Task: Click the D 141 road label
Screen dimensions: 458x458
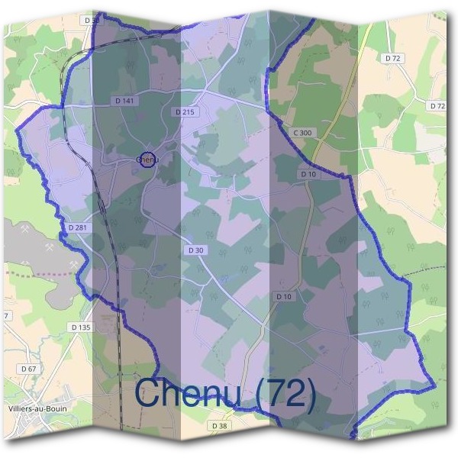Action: pos(123,100)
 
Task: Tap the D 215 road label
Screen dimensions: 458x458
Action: pos(185,111)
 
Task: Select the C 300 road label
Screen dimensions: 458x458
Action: pos(302,133)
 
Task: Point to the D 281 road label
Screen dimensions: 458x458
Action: pos(77,227)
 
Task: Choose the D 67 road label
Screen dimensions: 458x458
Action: pos(29,368)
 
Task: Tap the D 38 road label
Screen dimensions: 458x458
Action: pos(219,425)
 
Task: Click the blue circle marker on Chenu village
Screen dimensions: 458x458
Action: pos(147,160)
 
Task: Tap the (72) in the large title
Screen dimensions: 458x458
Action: pos(285,394)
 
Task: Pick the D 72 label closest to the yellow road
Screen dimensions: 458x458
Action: pos(394,58)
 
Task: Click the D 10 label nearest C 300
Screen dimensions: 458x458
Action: pos(308,174)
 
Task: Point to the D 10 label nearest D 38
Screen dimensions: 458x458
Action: pos(283,296)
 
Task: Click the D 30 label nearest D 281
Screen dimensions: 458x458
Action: pos(195,250)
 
